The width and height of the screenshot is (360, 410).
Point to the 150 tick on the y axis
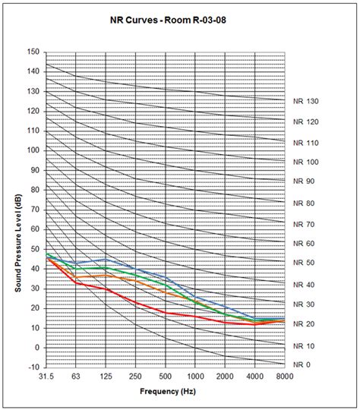[x=33, y=52]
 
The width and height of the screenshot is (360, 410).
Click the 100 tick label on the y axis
[x=33, y=150]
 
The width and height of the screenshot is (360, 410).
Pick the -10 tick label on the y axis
[x=33, y=367]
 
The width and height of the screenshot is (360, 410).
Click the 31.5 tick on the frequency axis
[x=46, y=377]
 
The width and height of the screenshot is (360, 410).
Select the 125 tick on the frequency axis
[x=106, y=377]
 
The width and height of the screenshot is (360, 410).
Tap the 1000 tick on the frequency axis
[x=196, y=377]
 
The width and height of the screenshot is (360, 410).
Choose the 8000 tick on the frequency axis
[x=286, y=377]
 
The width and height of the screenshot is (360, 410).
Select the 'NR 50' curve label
[x=305, y=263]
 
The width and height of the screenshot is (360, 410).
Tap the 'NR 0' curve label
[x=303, y=365]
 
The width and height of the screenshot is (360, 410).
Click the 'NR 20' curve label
[x=305, y=324]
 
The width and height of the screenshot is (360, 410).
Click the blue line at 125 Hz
[x=106, y=259]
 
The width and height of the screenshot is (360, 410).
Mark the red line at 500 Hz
[x=166, y=313]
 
